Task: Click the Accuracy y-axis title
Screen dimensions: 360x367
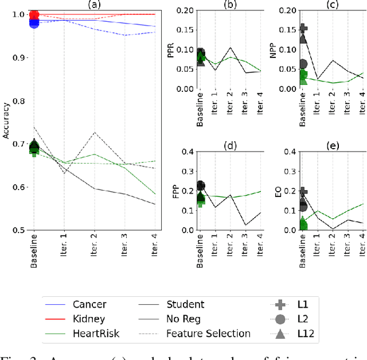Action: pyautogui.click(x=6, y=121)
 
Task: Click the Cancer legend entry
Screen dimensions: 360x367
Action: pyautogui.click(x=89, y=304)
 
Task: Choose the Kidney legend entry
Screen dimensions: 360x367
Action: pyautogui.click(x=89, y=319)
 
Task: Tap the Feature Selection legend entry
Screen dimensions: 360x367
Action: pyautogui.click(x=208, y=333)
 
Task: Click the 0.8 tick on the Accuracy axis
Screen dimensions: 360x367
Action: pyautogui.click(x=20, y=101)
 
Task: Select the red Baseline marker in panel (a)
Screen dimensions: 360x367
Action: pyautogui.click(x=34, y=15)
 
